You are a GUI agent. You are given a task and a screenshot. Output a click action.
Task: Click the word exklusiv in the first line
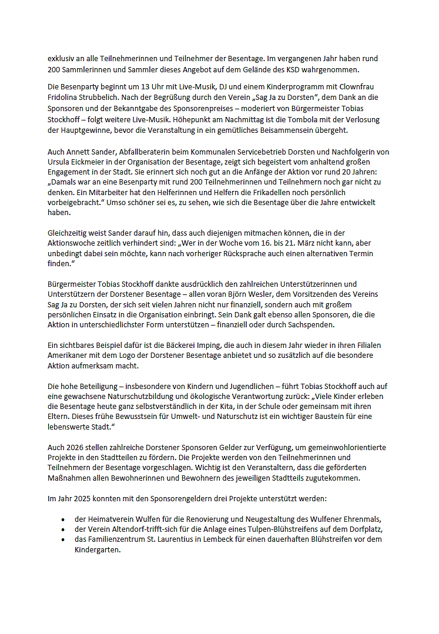[61, 59]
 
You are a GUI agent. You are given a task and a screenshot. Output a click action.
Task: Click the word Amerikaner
[67, 356]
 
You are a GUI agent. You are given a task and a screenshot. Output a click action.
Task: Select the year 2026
[73, 447]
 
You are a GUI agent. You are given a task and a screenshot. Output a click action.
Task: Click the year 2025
[80, 499]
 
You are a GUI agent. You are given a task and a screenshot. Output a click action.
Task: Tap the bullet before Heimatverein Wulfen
[63, 519]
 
